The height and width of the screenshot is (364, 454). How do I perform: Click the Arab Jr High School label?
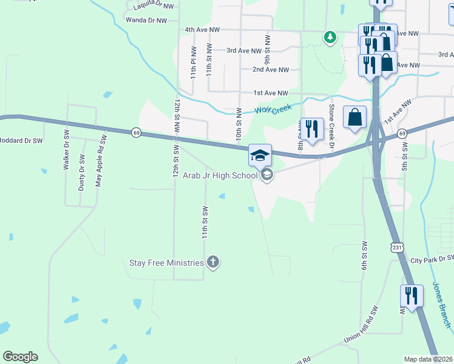[x=220, y=175]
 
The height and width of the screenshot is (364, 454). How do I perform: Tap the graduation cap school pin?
[x=260, y=156]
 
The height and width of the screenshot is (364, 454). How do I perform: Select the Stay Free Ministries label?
[x=166, y=263]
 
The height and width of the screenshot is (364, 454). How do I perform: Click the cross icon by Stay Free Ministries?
[x=212, y=262]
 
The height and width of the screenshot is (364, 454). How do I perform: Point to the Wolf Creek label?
[x=273, y=109]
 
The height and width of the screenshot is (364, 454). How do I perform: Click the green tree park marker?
[x=330, y=38]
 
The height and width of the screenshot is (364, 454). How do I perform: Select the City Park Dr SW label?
[x=432, y=260]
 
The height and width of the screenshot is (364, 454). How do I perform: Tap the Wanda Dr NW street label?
[x=145, y=20]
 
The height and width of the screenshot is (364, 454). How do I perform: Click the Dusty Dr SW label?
[x=81, y=173]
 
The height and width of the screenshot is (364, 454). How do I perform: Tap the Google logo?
[x=20, y=357]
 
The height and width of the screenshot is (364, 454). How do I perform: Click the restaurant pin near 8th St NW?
[x=312, y=129]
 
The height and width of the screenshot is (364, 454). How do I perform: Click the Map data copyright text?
[x=427, y=359]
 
